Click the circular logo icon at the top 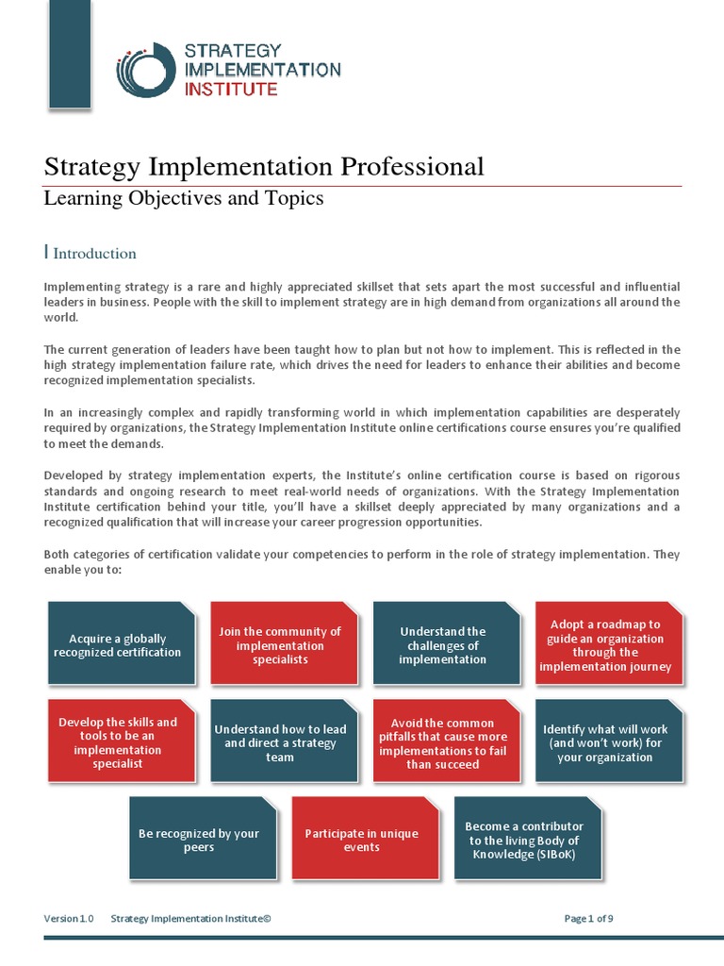[146, 70]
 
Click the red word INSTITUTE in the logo [232, 90]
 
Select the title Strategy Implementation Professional [264, 167]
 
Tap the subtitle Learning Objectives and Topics [184, 198]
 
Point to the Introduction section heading [94, 253]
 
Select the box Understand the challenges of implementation [442, 645]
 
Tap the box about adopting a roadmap [605, 645]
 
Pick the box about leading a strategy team [280, 742]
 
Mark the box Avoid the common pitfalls [442, 742]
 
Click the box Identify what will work [605, 742]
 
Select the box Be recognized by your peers [199, 840]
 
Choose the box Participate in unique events [362, 840]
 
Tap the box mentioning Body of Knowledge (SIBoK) [524, 840]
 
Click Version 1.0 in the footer [69, 918]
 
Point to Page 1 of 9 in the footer [588, 918]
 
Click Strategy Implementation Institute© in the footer [190, 918]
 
